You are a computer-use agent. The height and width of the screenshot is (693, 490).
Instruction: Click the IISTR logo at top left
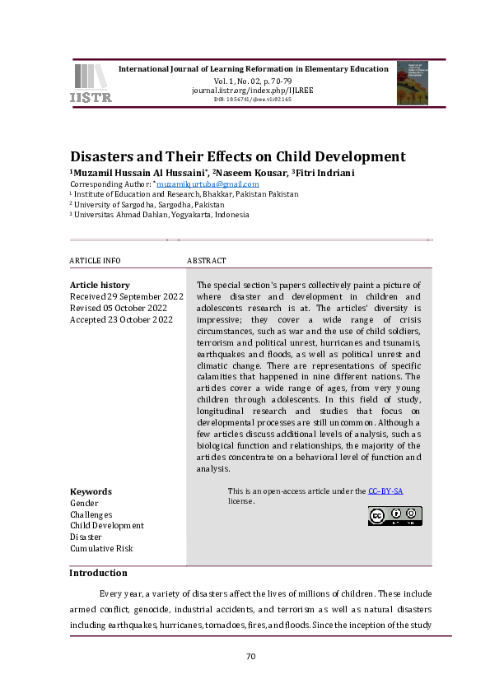[91, 83]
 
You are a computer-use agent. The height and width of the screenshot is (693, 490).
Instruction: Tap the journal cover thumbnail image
[412, 82]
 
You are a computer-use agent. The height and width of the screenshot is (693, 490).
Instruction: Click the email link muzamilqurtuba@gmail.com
[220, 184]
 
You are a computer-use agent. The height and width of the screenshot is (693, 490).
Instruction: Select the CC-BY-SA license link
[385, 491]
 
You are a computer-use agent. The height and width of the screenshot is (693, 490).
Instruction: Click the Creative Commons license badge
[394, 516]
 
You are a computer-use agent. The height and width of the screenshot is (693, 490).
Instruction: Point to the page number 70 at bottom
[252, 656]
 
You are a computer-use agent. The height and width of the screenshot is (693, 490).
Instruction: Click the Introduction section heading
[98, 573]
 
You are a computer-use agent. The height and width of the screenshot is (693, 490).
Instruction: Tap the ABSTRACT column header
[206, 261]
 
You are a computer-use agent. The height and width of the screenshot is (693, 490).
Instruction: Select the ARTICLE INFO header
[95, 261]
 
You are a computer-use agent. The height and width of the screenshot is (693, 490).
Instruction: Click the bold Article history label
[100, 285]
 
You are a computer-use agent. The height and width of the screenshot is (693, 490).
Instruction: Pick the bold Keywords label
[91, 491]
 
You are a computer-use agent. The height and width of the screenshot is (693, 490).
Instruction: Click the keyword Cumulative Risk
[101, 548]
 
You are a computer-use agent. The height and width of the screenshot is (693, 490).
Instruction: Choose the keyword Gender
[84, 503]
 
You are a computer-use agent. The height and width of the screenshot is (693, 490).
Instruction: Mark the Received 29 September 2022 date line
[126, 296]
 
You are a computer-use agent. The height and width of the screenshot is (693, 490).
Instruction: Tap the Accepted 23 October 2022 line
[121, 319]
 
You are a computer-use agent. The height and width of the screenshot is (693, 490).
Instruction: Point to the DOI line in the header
[253, 99]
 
